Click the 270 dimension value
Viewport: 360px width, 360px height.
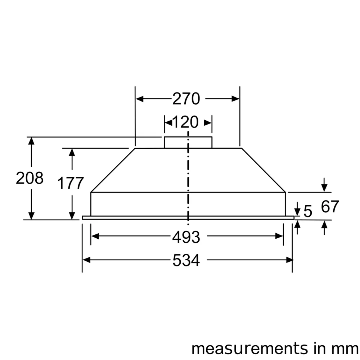point(186,99)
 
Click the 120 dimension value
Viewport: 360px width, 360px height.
point(185,122)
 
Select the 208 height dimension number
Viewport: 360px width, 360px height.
point(30,178)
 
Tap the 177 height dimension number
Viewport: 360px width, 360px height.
point(71,183)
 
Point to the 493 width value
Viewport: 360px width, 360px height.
point(186,237)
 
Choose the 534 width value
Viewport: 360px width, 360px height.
point(186,260)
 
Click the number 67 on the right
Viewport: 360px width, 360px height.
point(330,207)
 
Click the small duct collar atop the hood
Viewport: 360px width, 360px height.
point(188,142)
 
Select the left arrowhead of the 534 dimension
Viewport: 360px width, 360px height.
point(86,260)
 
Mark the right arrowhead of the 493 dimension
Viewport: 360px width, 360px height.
point(279,236)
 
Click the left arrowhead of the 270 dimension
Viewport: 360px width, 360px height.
point(139,99)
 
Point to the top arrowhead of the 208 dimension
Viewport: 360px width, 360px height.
point(32,141)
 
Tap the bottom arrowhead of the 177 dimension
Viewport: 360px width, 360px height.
point(72,216)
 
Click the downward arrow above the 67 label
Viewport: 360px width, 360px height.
point(324,188)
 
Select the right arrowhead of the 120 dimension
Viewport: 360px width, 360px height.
point(208,122)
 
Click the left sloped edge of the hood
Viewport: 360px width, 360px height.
point(112,170)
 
